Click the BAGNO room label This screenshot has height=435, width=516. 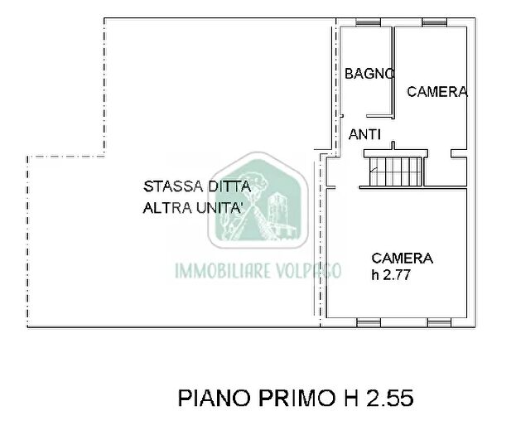pos(369,73)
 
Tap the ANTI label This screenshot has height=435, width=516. pos(364,134)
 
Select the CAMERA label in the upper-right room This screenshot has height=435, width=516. pos(436,92)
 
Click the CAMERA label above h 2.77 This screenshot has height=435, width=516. pos(402,258)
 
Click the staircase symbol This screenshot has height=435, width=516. pos(396,169)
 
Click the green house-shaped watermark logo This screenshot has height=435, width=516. pos(258,204)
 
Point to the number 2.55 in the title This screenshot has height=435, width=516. pos(388,399)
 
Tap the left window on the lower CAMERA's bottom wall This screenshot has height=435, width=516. pos(369,321)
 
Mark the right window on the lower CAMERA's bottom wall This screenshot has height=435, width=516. pos(439,321)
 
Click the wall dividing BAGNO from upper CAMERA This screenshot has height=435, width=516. pos(393,70)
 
